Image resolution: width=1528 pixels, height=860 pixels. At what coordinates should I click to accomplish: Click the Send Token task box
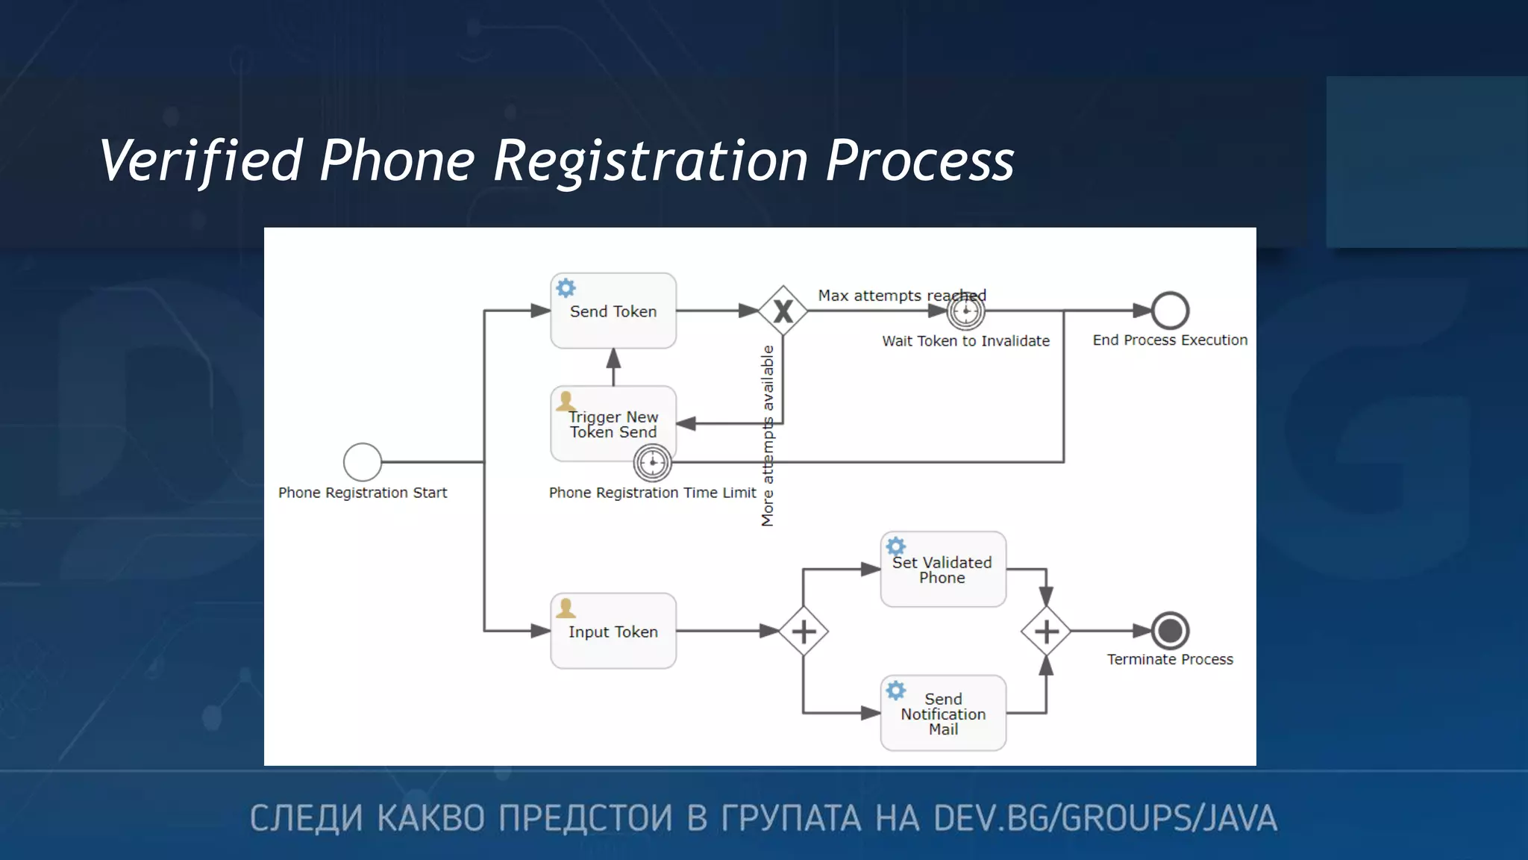point(613,311)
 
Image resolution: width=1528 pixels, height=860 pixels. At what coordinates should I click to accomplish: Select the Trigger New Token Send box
point(613,423)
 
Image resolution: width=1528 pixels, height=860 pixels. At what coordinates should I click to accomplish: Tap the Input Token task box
point(613,631)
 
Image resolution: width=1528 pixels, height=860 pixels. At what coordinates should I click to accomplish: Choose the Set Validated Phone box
point(943,570)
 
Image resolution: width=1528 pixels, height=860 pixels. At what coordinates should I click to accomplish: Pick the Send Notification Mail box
point(943,713)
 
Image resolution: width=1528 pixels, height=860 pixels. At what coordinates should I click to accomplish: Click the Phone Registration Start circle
point(363,462)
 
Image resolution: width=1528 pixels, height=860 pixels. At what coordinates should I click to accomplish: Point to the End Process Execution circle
point(1170,311)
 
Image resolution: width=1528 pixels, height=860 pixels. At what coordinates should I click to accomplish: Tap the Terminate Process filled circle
point(1170,631)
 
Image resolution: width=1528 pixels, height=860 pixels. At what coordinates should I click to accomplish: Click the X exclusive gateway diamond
point(783,311)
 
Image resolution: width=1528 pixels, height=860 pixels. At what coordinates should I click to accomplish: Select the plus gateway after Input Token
point(803,632)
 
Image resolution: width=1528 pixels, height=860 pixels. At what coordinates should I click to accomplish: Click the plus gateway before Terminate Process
point(1046,632)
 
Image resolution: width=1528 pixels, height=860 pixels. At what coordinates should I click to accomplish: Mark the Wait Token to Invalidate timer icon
point(966,311)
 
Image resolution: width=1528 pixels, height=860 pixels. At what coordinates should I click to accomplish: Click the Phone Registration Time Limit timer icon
point(653,463)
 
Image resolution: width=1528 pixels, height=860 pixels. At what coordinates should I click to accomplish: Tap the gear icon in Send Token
point(566,288)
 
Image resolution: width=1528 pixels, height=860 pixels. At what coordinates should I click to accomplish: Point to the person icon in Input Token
point(566,608)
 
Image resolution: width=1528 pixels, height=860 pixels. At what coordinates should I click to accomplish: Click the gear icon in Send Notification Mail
point(896,691)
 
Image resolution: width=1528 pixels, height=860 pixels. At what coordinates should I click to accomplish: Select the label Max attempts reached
point(901,296)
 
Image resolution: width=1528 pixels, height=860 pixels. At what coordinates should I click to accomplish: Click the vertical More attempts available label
point(768,436)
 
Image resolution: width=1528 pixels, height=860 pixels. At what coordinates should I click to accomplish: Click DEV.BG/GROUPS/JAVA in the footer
point(1105,818)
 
